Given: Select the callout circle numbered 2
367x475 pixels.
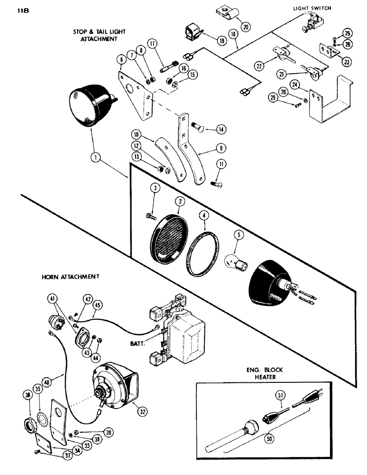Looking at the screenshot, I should click(x=179, y=202).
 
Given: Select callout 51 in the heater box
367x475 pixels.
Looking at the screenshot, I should click(x=278, y=394).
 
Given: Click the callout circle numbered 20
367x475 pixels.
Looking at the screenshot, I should click(x=245, y=26).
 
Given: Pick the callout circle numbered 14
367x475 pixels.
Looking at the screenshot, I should click(x=222, y=129).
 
